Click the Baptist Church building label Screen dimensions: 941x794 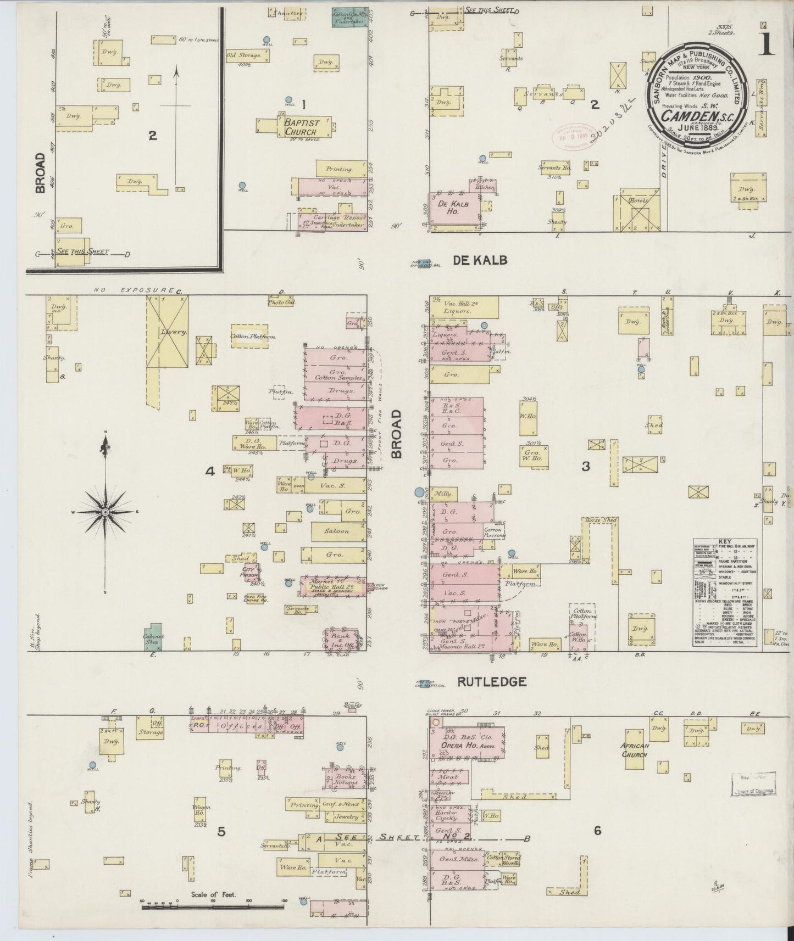click(x=300, y=127)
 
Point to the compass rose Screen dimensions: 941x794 click(x=104, y=512)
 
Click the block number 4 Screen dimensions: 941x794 click(x=209, y=471)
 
